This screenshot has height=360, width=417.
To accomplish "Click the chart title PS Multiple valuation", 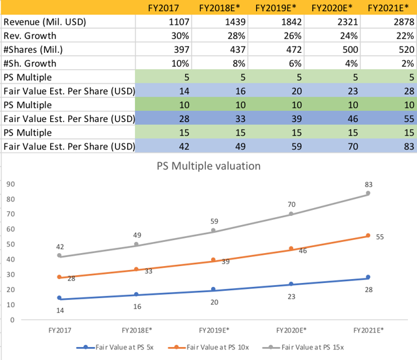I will click(x=208, y=166).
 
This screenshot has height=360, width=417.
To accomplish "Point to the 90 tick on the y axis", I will click(x=10, y=183).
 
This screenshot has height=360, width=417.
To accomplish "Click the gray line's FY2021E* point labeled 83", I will click(x=368, y=194).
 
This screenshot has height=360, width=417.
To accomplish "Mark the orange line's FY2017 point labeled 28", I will click(x=60, y=277).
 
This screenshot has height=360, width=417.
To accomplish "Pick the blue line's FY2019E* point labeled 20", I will click(x=214, y=290).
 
